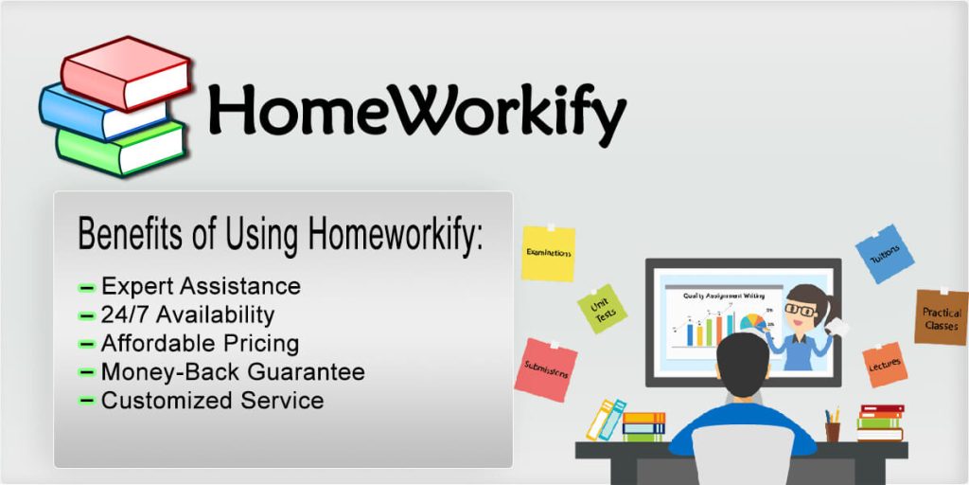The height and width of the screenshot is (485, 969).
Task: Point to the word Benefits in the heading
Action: coord(133,232)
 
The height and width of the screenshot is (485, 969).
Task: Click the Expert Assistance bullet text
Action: coord(201,286)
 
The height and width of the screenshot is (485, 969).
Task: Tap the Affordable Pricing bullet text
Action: coord(200,343)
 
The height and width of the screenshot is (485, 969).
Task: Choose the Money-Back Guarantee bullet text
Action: coord(233,371)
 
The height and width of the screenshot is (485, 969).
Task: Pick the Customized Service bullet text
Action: coord(212,400)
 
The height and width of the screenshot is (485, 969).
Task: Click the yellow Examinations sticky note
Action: coord(548,254)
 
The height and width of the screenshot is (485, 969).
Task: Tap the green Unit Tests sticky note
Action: coord(602,309)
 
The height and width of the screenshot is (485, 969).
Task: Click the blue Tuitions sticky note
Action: coord(885,253)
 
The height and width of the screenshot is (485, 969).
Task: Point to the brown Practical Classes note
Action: coord(941,318)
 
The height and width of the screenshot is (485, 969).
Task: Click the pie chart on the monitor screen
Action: coord(753,323)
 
